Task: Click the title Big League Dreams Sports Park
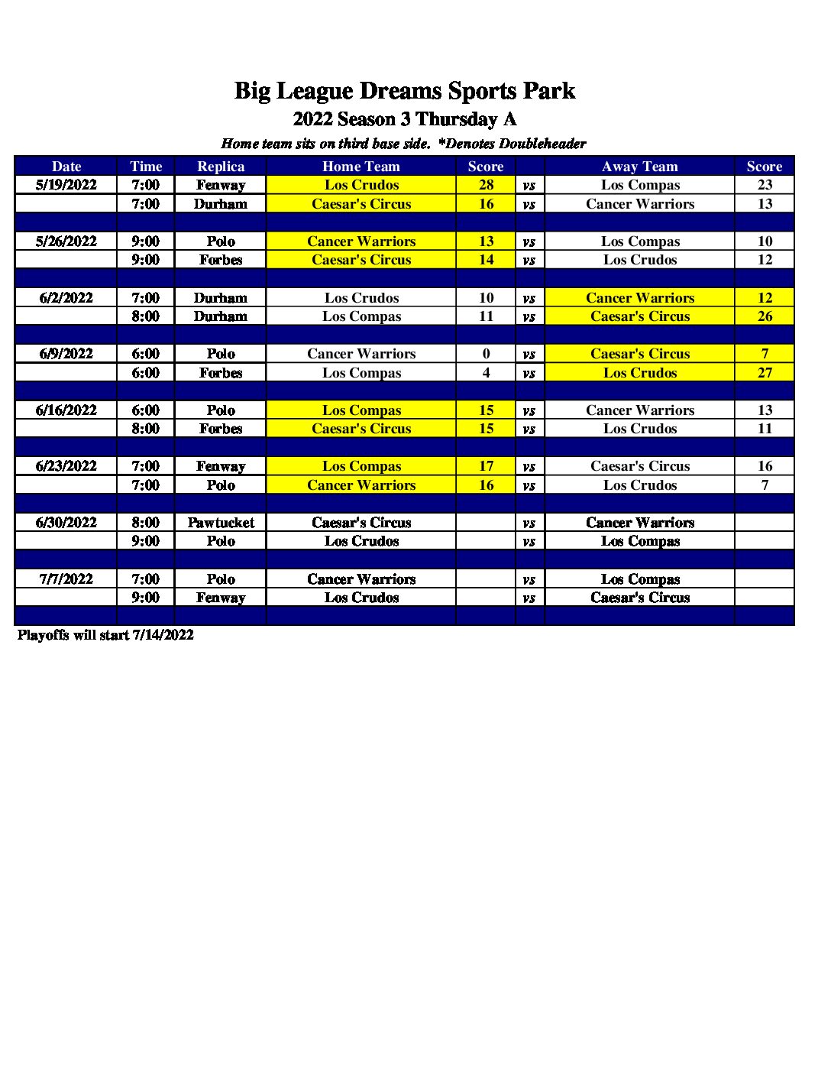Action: click(x=404, y=91)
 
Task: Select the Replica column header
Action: click(x=221, y=167)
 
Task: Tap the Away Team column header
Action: click(x=639, y=167)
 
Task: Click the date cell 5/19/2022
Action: click(x=66, y=185)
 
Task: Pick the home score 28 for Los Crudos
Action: click(x=486, y=185)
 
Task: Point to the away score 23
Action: click(x=765, y=185)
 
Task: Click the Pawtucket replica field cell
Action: click(x=221, y=523)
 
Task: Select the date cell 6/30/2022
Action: click(x=66, y=523)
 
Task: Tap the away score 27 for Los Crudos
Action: click(x=765, y=373)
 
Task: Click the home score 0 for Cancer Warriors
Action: click(x=486, y=354)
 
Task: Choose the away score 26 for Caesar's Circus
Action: click(x=765, y=316)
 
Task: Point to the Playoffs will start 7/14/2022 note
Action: click(x=105, y=635)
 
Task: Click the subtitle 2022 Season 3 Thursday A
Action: click(x=404, y=119)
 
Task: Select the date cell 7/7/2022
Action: click(x=66, y=579)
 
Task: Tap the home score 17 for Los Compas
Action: click(x=486, y=466)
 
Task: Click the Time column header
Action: click(x=146, y=167)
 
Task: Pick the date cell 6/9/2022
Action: click(x=66, y=354)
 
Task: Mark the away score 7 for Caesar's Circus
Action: click(x=765, y=354)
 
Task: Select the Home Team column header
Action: click(x=361, y=167)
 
